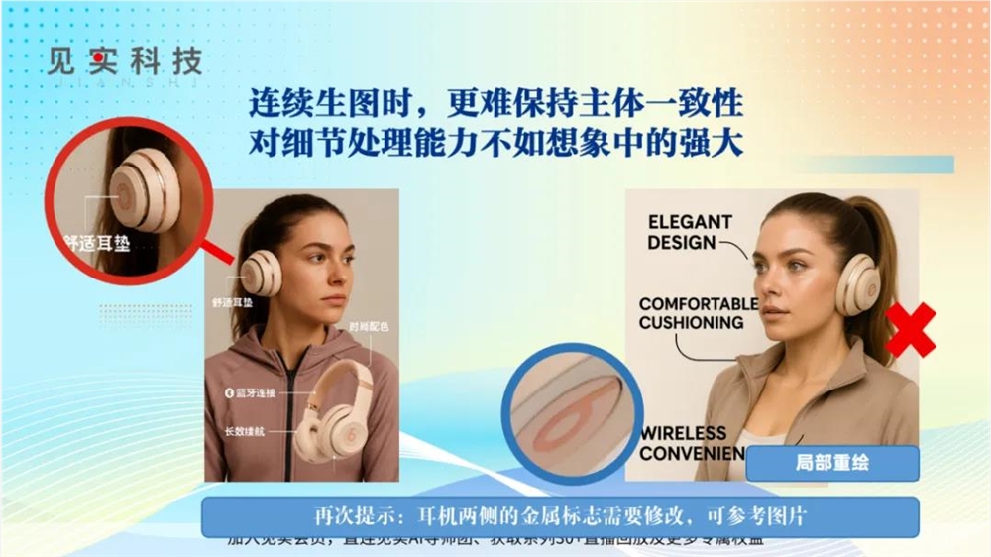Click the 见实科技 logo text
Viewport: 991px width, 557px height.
tap(124, 62)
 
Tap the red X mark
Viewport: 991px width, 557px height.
tap(910, 330)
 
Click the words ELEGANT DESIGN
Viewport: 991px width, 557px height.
tap(690, 231)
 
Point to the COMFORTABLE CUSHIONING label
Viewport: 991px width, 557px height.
tap(698, 313)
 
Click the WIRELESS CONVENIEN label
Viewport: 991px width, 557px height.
tap(692, 443)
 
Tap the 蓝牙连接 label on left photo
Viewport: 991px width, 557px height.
tap(250, 393)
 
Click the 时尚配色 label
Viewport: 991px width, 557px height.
tap(368, 326)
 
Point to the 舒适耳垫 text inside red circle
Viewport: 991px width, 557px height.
tap(96, 242)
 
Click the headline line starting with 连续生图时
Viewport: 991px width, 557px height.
tap(495, 104)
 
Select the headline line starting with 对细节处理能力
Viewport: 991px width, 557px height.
tap(495, 144)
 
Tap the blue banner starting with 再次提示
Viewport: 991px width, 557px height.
tap(560, 516)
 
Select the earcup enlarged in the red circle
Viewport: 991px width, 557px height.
tap(145, 190)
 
